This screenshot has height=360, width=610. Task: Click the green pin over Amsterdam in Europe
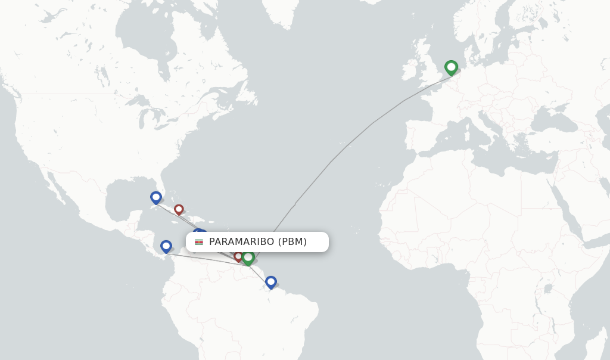(451, 67)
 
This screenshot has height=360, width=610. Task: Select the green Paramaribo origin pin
(248, 257)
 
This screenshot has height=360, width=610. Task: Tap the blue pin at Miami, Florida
(156, 197)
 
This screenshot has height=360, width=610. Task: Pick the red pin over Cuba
(179, 209)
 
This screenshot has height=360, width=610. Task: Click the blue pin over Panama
(166, 245)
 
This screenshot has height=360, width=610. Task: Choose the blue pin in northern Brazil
(271, 281)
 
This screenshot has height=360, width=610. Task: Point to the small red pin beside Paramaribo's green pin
(238, 256)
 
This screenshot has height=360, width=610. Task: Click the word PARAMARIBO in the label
(241, 241)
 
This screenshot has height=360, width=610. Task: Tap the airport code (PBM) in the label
(292, 241)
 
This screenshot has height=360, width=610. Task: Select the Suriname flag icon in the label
(199, 241)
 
